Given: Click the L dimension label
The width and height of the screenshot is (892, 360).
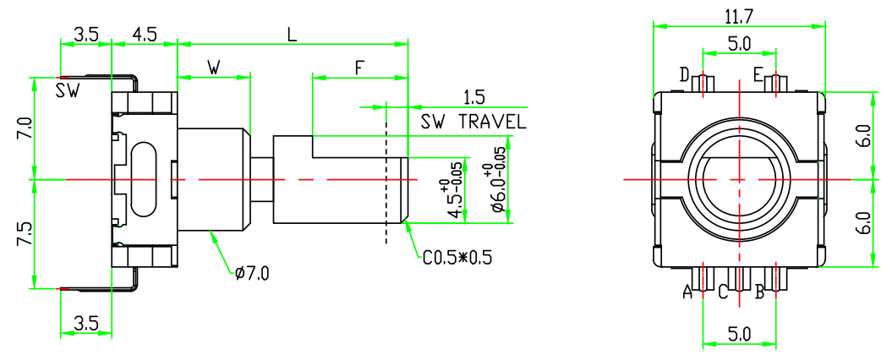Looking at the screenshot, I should (292, 35).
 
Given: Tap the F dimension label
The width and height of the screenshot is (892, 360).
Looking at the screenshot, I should (359, 68).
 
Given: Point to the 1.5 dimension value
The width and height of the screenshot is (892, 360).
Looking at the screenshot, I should (473, 97).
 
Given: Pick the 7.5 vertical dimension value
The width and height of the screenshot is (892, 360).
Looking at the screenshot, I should (24, 234).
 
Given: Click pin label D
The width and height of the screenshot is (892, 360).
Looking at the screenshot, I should (684, 76).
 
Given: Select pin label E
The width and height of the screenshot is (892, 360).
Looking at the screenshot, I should (758, 75).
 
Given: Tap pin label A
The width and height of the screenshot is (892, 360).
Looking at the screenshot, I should (687, 292).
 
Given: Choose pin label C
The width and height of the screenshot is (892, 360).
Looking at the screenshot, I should (723, 292).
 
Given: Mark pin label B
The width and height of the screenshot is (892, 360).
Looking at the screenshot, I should (759, 292).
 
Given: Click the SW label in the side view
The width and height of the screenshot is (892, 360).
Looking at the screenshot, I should (68, 91).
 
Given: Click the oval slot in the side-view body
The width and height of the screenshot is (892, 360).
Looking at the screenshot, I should (145, 178).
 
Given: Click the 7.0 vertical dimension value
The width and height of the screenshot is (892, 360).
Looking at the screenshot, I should (24, 128).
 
